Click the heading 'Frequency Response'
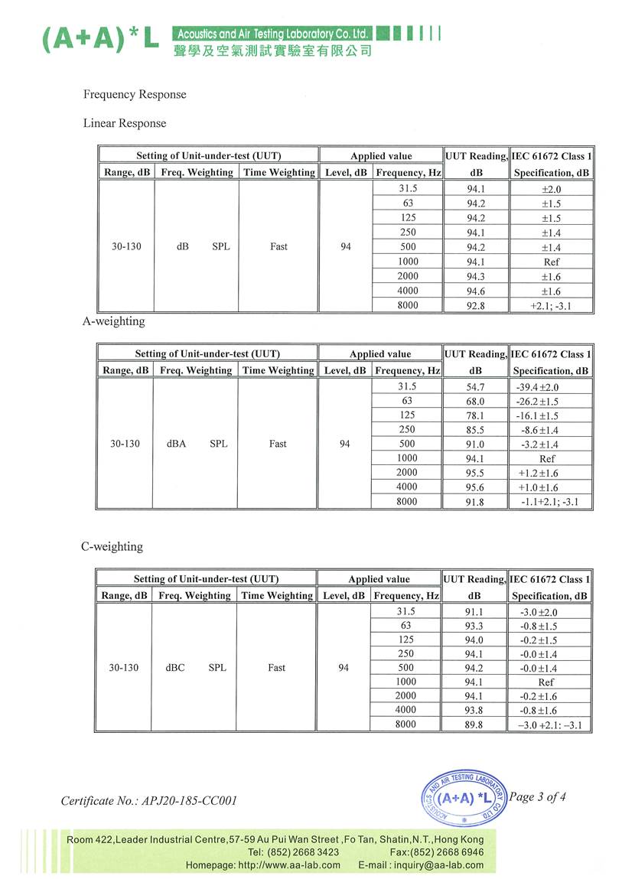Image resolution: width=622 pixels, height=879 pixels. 135,95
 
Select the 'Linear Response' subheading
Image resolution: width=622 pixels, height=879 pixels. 124,123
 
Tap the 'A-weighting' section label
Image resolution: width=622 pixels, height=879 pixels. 113,321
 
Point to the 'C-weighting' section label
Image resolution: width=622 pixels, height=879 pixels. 112,547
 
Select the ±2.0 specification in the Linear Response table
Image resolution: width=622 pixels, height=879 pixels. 551,189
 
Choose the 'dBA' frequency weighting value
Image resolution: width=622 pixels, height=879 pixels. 176,444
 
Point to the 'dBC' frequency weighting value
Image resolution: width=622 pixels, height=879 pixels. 175,668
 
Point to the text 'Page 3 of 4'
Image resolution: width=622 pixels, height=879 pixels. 537,797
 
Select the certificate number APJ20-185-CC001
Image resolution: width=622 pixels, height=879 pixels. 149,801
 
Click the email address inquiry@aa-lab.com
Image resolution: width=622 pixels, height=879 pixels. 438,865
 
